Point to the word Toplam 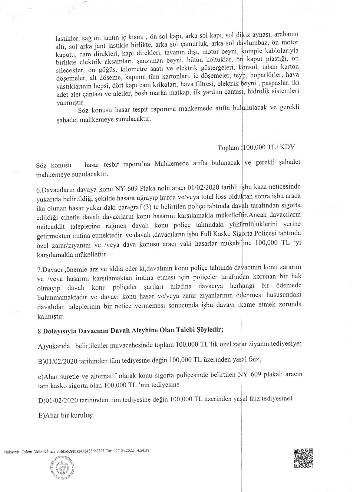coord(228,148)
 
